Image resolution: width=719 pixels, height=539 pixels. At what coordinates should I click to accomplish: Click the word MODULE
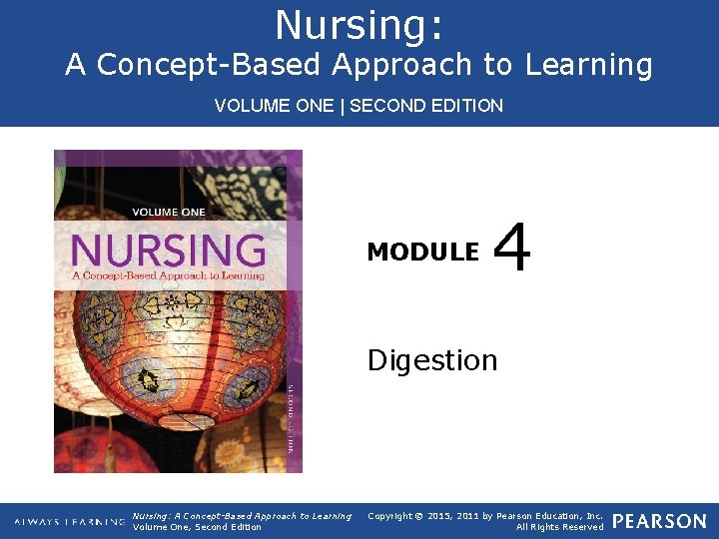[422, 253]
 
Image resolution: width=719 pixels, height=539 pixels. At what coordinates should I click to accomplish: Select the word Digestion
[431, 359]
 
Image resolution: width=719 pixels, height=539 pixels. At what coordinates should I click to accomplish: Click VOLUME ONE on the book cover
[169, 212]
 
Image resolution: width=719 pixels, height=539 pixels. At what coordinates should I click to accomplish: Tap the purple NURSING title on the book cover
[168, 249]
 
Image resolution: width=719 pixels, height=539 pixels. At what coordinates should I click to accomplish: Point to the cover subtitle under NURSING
[168, 274]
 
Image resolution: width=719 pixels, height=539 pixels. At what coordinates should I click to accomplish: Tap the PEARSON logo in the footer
[659, 521]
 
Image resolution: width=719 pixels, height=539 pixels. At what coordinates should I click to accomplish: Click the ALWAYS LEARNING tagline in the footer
[70, 521]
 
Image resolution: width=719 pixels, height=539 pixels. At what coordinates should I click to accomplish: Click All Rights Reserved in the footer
[559, 527]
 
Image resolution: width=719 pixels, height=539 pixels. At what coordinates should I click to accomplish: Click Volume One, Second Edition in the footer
[197, 527]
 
